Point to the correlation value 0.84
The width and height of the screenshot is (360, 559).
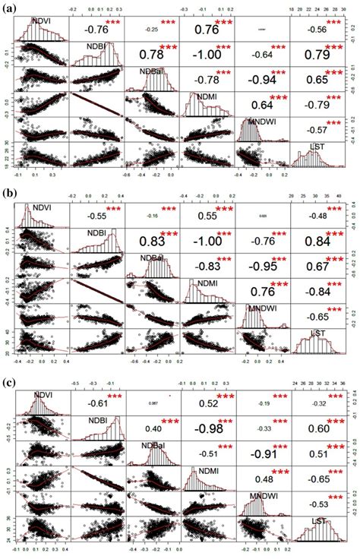tap(318, 242)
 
